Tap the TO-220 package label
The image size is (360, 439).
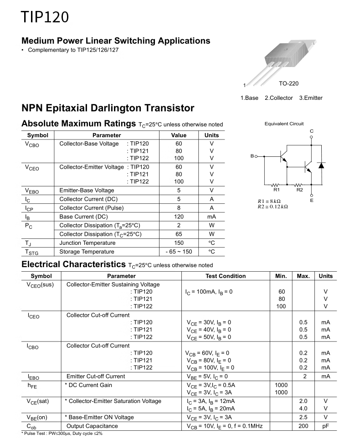pyautogui.click(x=288, y=84)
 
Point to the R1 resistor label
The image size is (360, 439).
pyautogui.click(x=276, y=190)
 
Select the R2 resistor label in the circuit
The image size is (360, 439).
pyautogui.click(x=299, y=190)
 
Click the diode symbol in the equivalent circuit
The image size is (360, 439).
pyautogui.click(x=321, y=165)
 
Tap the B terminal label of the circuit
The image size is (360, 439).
pyautogui.click(x=252, y=156)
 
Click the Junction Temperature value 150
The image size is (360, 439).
pyautogui.click(x=179, y=243)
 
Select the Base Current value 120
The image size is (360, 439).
pyautogui.click(x=179, y=217)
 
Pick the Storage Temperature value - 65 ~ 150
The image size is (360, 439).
pyautogui.click(x=179, y=252)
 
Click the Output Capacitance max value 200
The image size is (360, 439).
pyautogui.click(x=303, y=426)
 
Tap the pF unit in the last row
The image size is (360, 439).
pyautogui.click(x=325, y=426)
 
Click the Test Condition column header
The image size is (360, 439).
pyautogui.click(x=226, y=276)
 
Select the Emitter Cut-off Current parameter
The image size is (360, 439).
pyautogui.click(x=96, y=376)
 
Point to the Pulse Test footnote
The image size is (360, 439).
pyautogui.click(x=62, y=433)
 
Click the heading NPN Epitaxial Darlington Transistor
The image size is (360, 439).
pyautogui.click(x=108, y=108)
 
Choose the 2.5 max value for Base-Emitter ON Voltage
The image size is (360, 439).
pyautogui.click(x=303, y=417)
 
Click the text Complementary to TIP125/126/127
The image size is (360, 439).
pyautogui.click(x=73, y=50)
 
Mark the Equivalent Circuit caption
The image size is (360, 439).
pyautogui.click(x=284, y=124)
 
